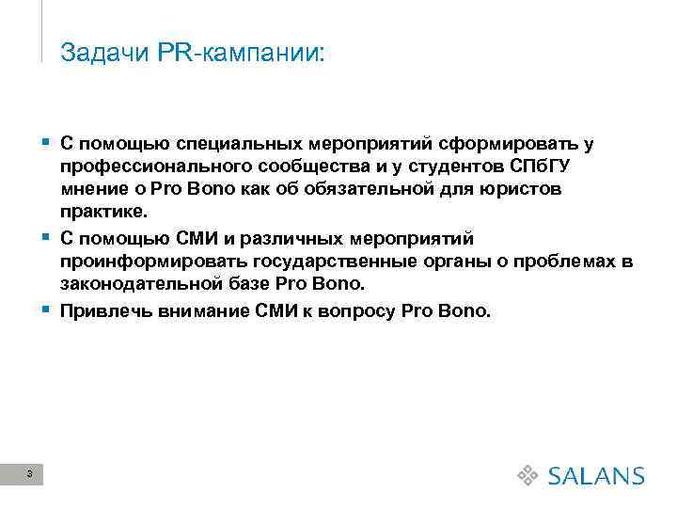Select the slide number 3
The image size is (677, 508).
point(31,473)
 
